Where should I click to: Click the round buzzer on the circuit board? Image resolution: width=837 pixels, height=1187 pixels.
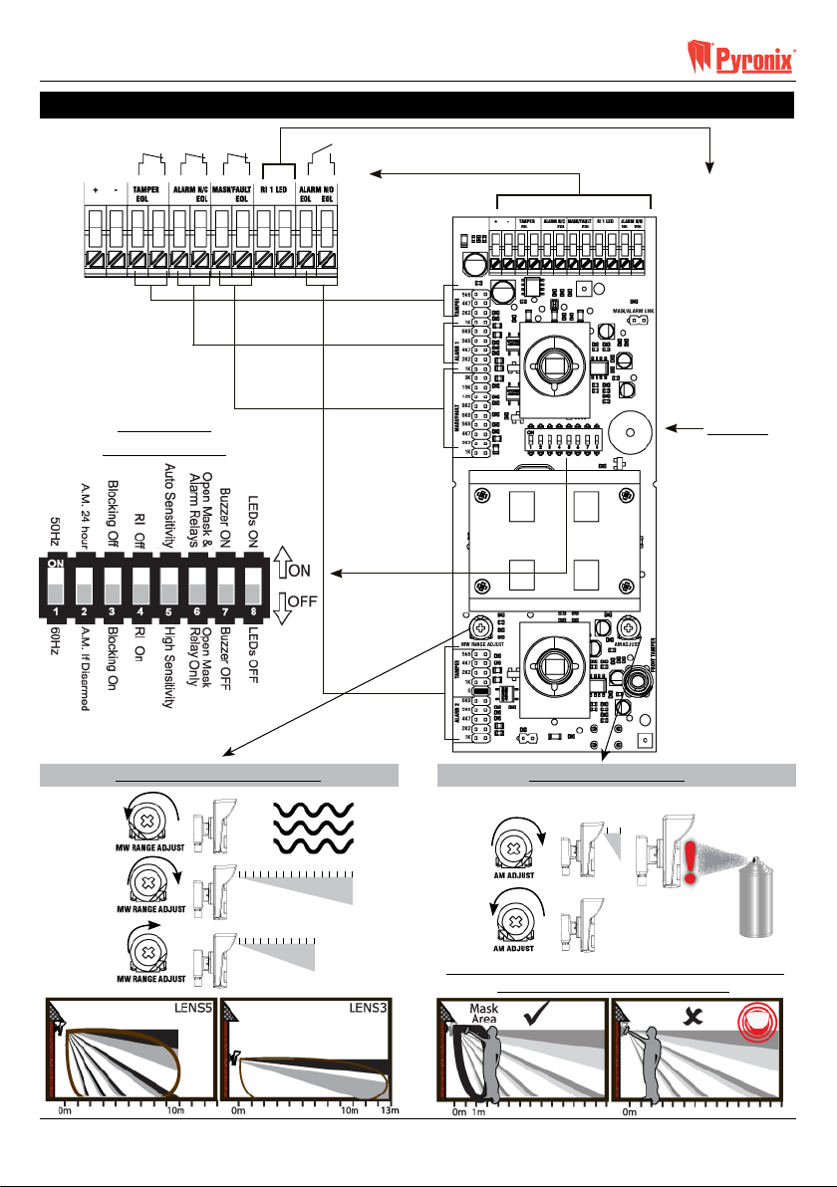(x=627, y=430)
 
